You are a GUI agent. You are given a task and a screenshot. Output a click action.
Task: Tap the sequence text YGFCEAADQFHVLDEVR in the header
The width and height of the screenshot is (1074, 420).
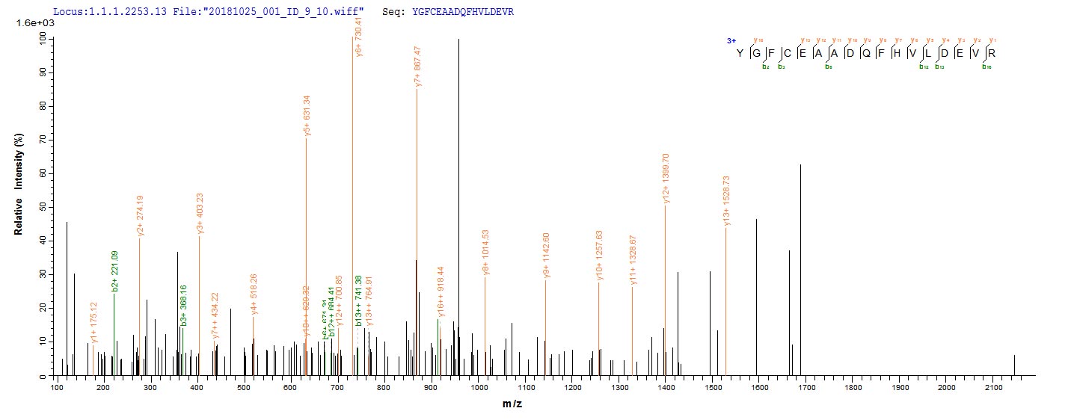[x=463, y=13]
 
